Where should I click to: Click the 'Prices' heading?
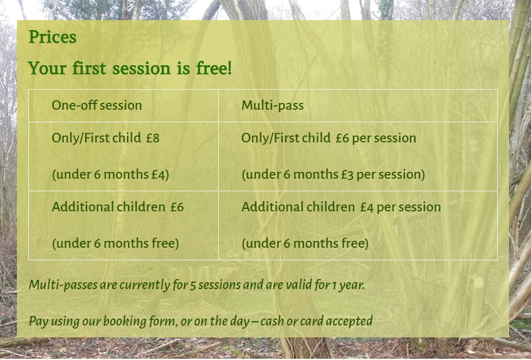(53, 37)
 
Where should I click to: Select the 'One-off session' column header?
(97, 105)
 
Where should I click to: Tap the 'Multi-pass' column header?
(273, 105)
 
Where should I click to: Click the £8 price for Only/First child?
(153, 138)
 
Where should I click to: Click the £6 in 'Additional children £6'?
(177, 207)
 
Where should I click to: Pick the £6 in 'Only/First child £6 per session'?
(342, 138)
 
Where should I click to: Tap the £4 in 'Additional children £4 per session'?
(367, 207)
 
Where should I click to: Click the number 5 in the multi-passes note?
(192, 285)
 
